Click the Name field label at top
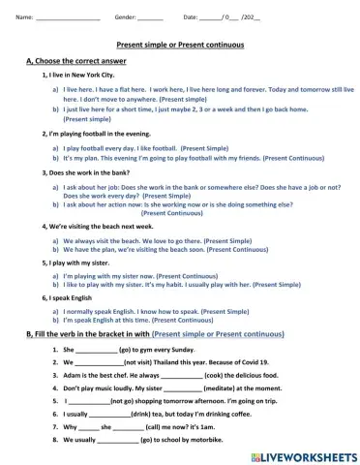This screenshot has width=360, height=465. tap(25, 17)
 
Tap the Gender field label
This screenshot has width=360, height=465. tap(126, 17)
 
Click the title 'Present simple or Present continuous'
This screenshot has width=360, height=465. tap(179, 46)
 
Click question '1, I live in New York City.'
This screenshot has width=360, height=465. tap(79, 74)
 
